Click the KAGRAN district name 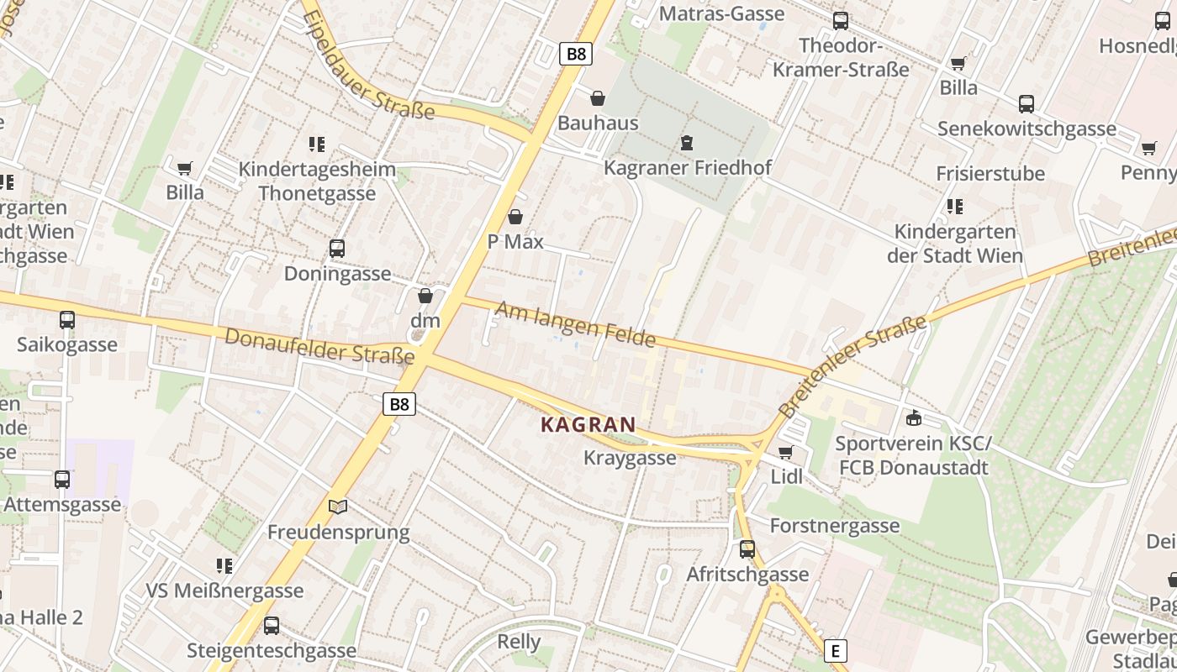pyautogui.click(x=588, y=425)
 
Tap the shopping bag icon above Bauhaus pyautogui.click(x=598, y=99)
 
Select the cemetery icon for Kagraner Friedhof pyautogui.click(x=687, y=143)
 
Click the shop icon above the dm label pyautogui.click(x=425, y=296)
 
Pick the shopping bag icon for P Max pyautogui.click(x=515, y=218)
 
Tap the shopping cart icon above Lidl pyautogui.click(x=786, y=453)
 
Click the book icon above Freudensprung pyautogui.click(x=338, y=507)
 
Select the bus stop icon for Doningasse pyautogui.click(x=337, y=249)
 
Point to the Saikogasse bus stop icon pyautogui.click(x=67, y=320)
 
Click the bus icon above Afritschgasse pyautogui.click(x=747, y=549)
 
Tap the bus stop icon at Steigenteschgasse pyautogui.click(x=272, y=626)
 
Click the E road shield pyautogui.click(x=834, y=651)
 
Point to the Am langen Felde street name pyautogui.click(x=575, y=324)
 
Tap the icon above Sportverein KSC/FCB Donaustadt pyautogui.click(x=914, y=418)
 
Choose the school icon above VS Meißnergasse pyautogui.click(x=224, y=566)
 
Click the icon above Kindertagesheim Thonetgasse pyautogui.click(x=316, y=144)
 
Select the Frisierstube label pyautogui.click(x=990, y=174)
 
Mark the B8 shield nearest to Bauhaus pyautogui.click(x=576, y=55)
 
